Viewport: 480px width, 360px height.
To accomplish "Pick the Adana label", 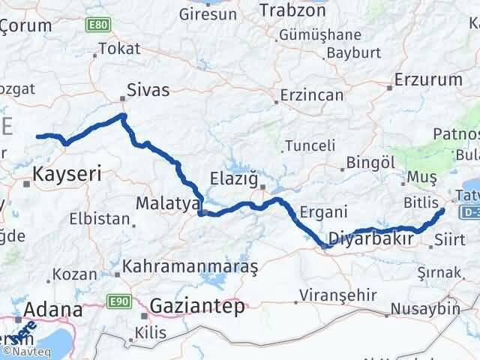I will [x=52, y=310].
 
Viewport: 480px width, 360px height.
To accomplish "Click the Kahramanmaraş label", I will [x=190, y=266].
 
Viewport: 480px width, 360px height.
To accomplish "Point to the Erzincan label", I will [x=312, y=96].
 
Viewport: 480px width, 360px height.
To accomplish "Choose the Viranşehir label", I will [x=337, y=293].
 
